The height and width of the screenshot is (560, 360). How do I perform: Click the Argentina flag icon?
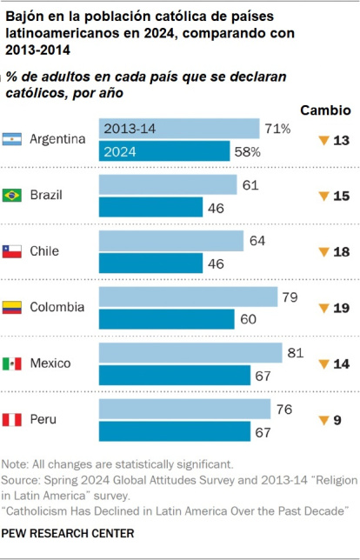pos(12,139)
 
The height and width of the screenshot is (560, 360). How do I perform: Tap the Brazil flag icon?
pos(12,195)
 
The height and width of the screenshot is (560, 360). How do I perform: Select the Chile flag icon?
pos(12,250)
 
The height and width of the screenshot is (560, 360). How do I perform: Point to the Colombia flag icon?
pos(12,307)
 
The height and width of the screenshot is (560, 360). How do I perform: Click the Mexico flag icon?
pos(12,363)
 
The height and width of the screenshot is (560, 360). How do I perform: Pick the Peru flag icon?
pos(12,419)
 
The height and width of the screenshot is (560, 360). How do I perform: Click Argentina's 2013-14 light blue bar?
pos(179,129)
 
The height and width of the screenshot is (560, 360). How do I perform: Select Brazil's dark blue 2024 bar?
pos(150,207)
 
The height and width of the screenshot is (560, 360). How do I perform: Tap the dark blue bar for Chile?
pos(150,263)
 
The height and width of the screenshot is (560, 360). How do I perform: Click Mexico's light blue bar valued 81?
pos(190,352)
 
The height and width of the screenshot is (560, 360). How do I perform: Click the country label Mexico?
pos(50,363)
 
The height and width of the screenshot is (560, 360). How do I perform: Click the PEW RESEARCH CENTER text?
pos(69,532)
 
